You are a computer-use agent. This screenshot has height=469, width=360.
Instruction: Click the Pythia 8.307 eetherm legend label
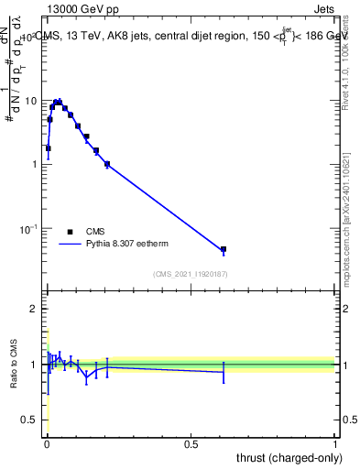pos(126,245)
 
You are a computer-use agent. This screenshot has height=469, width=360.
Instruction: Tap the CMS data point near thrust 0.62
pos(223,249)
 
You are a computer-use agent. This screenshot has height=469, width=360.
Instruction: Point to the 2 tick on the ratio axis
pos(35,309)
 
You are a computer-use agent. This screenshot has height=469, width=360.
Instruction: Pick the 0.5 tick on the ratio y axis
pos(31,420)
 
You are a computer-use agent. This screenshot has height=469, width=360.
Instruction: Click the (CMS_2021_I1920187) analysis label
pos(190,274)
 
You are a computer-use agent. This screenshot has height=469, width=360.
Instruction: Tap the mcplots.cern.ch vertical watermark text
pos(350,220)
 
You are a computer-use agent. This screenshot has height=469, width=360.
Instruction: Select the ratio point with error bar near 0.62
pos(223,372)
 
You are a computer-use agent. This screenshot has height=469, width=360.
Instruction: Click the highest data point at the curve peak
pos(58,102)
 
